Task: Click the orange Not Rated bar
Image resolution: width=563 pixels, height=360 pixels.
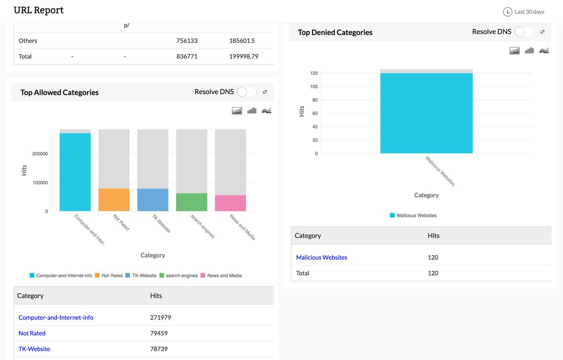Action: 114,199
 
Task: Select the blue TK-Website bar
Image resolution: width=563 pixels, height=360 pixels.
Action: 153,199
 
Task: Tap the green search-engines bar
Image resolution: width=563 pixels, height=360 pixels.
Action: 191,202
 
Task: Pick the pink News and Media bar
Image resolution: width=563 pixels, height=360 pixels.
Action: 230,203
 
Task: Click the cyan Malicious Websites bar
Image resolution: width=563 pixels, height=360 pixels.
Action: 426,113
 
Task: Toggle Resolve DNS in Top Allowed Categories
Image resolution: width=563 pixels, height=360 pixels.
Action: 246,92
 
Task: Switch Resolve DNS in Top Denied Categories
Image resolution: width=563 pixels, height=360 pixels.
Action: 524,32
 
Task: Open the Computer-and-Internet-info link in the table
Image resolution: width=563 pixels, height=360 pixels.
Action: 56,318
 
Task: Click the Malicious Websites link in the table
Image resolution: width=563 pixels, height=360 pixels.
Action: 321,258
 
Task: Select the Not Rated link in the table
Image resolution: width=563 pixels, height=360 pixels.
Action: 32,333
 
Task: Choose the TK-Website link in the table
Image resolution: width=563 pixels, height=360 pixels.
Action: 34,349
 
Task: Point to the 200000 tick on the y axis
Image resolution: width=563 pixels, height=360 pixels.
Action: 40,154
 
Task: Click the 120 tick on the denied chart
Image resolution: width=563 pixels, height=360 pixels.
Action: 314,73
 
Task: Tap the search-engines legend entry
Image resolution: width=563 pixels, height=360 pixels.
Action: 179,276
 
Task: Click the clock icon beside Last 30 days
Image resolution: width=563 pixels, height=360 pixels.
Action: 507,12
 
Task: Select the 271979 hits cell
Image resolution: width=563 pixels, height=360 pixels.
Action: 160,318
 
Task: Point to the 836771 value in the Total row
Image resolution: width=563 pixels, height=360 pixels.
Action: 187,56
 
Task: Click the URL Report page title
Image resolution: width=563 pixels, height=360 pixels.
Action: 38,10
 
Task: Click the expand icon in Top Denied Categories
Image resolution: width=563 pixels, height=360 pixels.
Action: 542,32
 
